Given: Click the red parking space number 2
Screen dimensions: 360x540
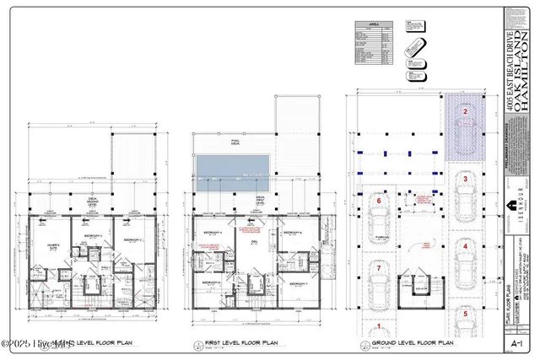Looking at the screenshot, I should (x=463, y=111).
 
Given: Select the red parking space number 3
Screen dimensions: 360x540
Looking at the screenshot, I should (x=463, y=179).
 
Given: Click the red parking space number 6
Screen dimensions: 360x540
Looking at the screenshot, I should (x=379, y=201).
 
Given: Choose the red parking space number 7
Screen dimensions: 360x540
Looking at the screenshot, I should (x=379, y=268).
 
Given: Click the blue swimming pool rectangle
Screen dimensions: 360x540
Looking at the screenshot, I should (x=234, y=172).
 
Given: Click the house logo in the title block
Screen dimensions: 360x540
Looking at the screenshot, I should (x=510, y=207).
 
